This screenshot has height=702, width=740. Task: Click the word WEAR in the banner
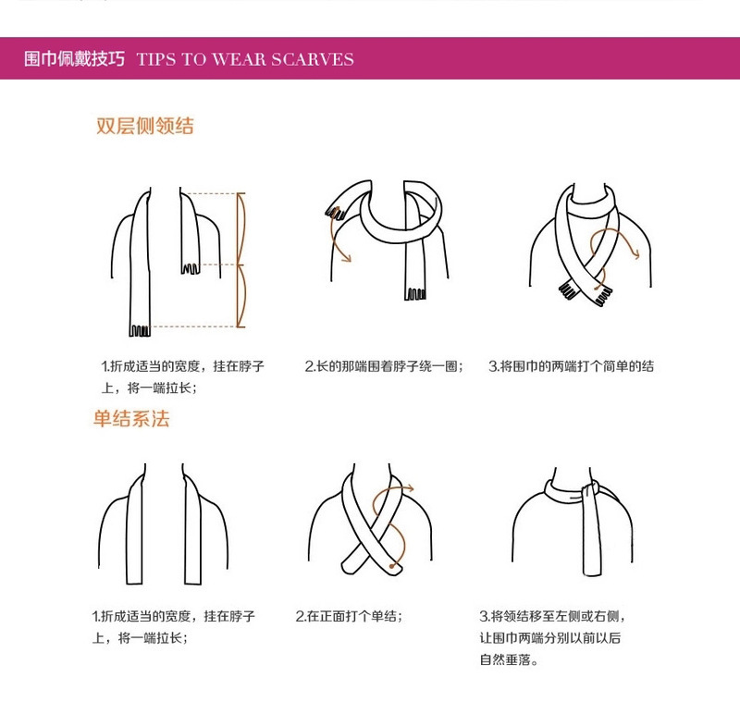coord(239,59)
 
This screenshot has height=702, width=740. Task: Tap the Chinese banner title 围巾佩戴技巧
coord(75,59)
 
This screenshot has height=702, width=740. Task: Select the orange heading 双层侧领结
coord(145,126)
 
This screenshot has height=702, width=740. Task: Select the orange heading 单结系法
coord(131,419)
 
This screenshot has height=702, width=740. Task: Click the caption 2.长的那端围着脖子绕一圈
coord(384,366)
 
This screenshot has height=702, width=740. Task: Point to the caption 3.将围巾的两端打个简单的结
coord(571,366)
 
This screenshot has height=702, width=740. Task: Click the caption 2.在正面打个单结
coord(349,616)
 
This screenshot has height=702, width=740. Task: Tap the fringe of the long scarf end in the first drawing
coord(140,331)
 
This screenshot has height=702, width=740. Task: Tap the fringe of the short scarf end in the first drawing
coord(191,269)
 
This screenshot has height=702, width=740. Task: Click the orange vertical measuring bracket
coord(240,260)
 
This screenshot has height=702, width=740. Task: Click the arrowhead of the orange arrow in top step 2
coord(347,258)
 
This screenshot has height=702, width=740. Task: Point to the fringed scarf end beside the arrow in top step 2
coord(335,214)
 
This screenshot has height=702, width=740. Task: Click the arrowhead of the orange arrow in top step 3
coord(635,254)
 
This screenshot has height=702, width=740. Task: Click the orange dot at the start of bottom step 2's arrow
coord(391,565)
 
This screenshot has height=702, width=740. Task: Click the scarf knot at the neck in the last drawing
coord(590,489)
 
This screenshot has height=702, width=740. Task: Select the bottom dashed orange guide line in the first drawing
coord(193,326)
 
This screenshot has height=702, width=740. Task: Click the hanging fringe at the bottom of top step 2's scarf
coord(415,294)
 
